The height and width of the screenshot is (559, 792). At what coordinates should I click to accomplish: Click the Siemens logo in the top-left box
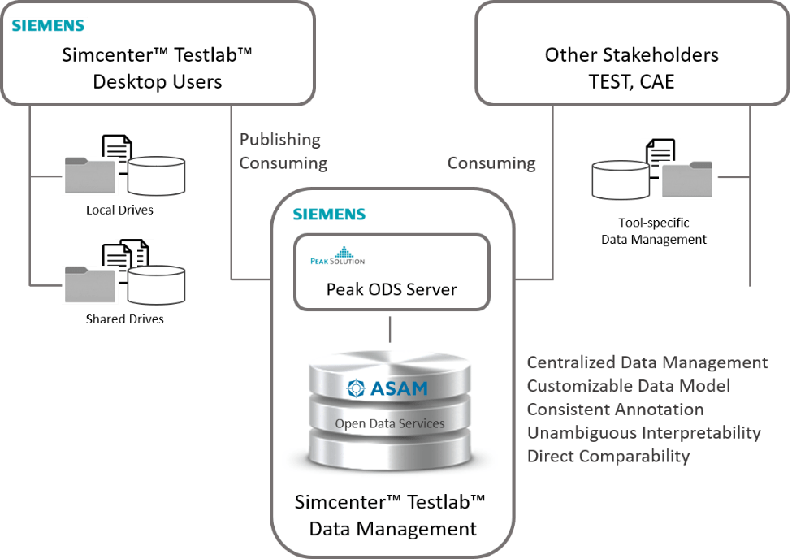point(48,25)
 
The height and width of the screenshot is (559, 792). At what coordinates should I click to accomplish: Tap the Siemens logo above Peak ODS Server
point(329,214)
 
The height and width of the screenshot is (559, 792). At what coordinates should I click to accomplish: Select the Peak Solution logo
point(337,256)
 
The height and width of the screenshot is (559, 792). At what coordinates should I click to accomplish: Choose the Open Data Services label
point(390,423)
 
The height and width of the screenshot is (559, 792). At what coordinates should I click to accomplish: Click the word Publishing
point(279,140)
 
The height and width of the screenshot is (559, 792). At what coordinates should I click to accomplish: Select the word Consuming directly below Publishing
point(283,162)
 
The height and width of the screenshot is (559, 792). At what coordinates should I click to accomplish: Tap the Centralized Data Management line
point(647,362)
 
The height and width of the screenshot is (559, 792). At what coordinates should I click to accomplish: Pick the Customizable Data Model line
point(628,385)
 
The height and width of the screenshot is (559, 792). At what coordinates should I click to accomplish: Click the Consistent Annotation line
point(615,409)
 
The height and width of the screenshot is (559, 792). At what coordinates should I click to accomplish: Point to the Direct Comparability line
point(608,456)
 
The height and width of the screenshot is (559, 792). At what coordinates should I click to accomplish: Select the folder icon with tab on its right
point(686,180)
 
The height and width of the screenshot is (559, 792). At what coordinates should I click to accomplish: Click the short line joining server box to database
point(391,328)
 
